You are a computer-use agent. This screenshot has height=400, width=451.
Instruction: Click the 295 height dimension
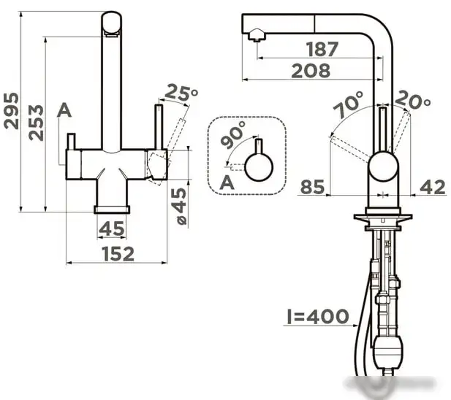[x=12, y=110]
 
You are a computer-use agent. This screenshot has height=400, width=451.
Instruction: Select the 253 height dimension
[x=36, y=123]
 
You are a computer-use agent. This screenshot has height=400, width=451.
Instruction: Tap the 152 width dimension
[x=118, y=254]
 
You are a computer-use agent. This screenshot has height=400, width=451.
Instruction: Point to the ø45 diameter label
[x=179, y=206]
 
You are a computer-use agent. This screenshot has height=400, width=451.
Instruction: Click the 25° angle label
[x=181, y=93]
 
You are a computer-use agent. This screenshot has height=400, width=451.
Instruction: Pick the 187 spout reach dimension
[x=322, y=49]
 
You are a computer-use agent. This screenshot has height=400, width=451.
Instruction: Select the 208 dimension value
[x=311, y=71]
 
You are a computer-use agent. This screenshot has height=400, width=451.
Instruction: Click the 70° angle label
[x=349, y=104]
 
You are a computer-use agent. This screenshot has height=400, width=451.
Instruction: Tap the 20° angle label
[x=413, y=100]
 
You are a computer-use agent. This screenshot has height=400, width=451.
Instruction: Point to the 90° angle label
[x=233, y=134]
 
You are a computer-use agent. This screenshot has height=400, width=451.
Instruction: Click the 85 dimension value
[x=313, y=187]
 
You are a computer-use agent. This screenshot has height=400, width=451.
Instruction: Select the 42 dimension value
[x=433, y=187]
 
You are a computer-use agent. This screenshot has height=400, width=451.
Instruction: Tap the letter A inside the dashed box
[x=227, y=182]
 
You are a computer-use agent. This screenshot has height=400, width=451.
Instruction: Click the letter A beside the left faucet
[x=64, y=110]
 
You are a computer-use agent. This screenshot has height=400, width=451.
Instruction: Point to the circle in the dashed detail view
[x=259, y=167]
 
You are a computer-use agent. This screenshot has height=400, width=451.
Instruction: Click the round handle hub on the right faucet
[x=384, y=166]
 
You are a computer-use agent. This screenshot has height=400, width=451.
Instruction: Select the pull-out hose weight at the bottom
[x=387, y=350]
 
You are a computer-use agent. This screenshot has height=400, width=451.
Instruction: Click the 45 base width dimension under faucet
[x=112, y=228]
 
